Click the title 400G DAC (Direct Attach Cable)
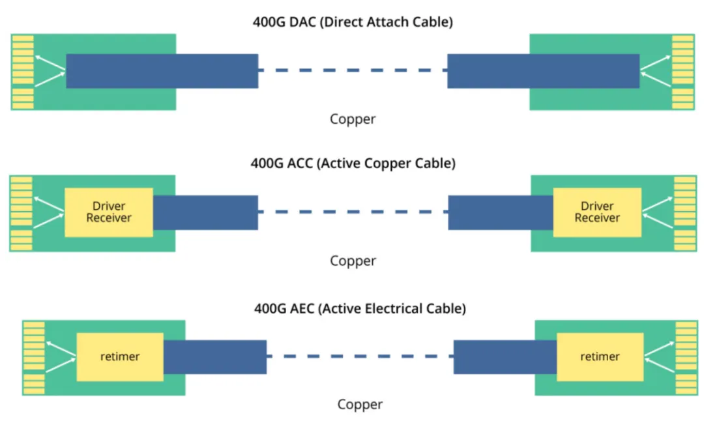click(x=353, y=22)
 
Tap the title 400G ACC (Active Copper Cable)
click(x=353, y=163)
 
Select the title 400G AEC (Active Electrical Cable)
click(x=360, y=308)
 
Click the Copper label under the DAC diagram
click(x=353, y=119)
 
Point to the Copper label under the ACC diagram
click(x=353, y=261)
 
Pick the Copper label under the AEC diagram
click(x=360, y=405)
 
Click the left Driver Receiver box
click(x=109, y=212)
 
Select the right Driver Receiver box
click(x=597, y=212)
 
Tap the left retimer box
click(x=120, y=357)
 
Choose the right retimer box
click(x=600, y=357)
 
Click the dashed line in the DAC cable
click(x=353, y=70)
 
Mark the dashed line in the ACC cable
click(x=353, y=212)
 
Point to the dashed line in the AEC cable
click(x=360, y=357)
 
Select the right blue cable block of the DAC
click(x=543, y=71)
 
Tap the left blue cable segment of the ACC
click(x=205, y=212)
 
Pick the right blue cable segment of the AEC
click(x=505, y=357)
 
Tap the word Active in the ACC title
click(x=339, y=163)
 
